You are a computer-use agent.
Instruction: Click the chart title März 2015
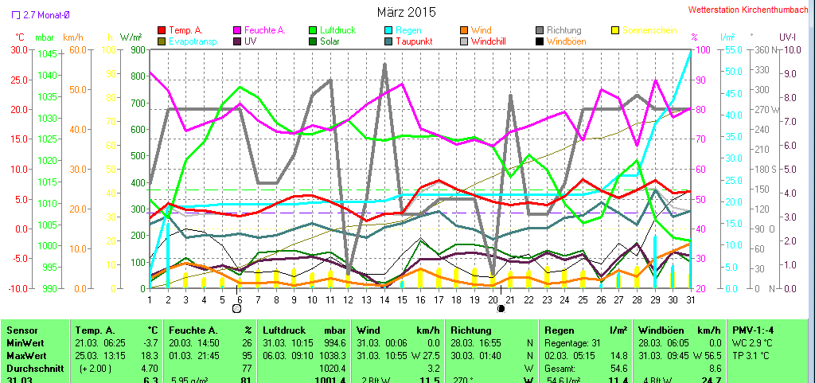tap(407, 12)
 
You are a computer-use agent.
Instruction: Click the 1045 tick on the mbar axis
tap(47, 53)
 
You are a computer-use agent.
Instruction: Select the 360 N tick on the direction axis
tap(762, 49)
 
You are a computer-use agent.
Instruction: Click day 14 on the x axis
tap(385, 300)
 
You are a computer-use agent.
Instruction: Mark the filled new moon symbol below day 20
tap(501, 308)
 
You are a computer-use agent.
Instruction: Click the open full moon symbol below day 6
tap(236, 308)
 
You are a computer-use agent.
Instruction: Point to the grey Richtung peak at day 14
tap(385, 65)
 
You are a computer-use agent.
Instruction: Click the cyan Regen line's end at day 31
tap(689, 50)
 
